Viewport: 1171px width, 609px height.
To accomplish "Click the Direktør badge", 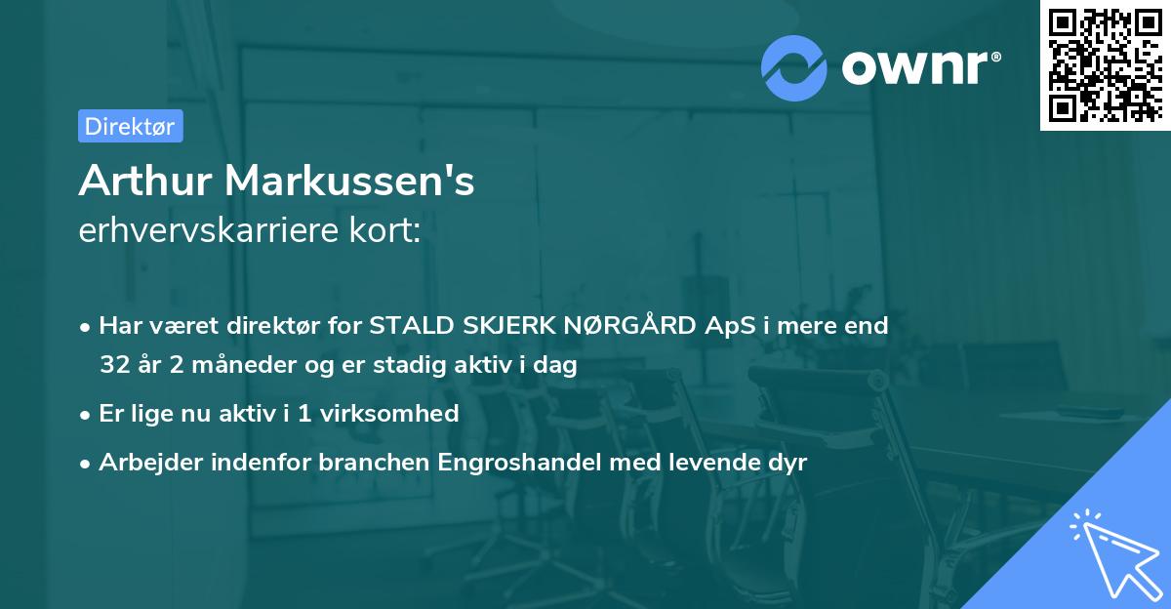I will [x=130, y=126].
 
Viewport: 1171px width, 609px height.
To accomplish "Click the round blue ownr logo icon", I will [x=794, y=67].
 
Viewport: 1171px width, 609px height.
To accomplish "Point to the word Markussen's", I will [x=350, y=182].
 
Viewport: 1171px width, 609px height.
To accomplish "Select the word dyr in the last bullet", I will [x=787, y=463].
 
